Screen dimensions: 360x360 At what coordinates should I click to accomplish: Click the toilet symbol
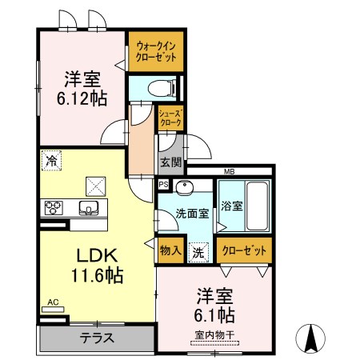[162, 88]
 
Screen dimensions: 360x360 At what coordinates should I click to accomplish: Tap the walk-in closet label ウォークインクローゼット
[156, 52]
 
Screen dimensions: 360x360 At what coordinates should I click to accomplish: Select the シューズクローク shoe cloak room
[170, 118]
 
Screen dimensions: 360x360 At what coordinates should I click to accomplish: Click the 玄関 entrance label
[171, 162]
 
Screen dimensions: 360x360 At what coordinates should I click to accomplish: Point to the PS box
[164, 184]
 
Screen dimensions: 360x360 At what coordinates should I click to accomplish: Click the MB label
[229, 172]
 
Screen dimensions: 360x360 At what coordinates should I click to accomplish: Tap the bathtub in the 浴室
[257, 206]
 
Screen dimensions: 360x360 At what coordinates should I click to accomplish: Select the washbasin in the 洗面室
[185, 186]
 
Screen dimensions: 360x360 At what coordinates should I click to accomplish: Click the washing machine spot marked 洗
[198, 253]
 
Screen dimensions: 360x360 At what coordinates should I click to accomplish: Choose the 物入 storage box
[170, 250]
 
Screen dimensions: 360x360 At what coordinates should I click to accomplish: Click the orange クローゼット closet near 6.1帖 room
[244, 250]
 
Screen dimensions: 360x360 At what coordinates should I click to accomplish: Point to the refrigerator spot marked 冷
[51, 161]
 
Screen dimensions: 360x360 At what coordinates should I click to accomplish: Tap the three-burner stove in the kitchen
[54, 208]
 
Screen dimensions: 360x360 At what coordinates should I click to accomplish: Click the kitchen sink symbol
[89, 208]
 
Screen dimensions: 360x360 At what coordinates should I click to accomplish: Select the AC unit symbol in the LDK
[53, 310]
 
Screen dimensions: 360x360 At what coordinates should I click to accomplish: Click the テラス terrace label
[97, 338]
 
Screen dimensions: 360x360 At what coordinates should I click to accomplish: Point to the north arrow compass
[310, 338]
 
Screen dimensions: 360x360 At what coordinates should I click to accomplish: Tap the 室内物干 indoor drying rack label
[214, 335]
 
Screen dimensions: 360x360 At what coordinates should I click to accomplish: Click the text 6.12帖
[82, 98]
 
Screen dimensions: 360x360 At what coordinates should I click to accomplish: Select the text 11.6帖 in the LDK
[97, 275]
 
